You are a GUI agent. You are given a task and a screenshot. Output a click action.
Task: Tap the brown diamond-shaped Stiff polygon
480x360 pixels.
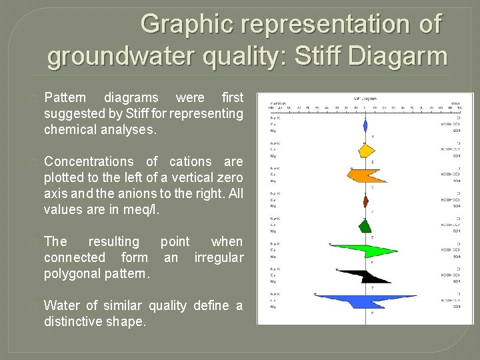365,200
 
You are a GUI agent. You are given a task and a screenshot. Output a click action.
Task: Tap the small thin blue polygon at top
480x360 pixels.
365,125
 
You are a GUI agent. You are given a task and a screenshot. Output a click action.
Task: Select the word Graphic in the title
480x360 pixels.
188,25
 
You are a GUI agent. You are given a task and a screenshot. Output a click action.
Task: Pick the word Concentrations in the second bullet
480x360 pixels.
89,162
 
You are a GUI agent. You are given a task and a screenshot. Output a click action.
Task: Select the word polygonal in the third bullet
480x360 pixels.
71,274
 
